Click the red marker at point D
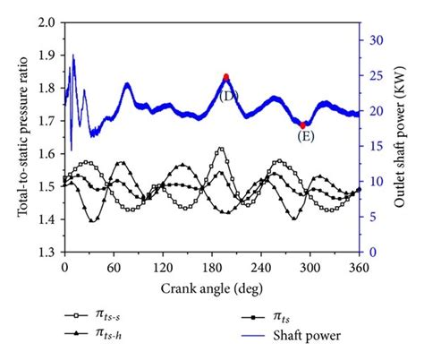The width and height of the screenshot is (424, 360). (226, 77)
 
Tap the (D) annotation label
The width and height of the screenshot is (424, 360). (228, 94)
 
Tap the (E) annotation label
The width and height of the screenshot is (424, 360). (305, 137)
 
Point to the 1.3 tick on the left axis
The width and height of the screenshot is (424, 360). (47, 253)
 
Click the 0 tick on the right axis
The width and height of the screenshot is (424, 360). (373, 253)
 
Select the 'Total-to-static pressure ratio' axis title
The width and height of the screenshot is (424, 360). (22, 136)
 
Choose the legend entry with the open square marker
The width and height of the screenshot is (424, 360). (100, 316)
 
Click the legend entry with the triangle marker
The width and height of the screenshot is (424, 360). (100, 335)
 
